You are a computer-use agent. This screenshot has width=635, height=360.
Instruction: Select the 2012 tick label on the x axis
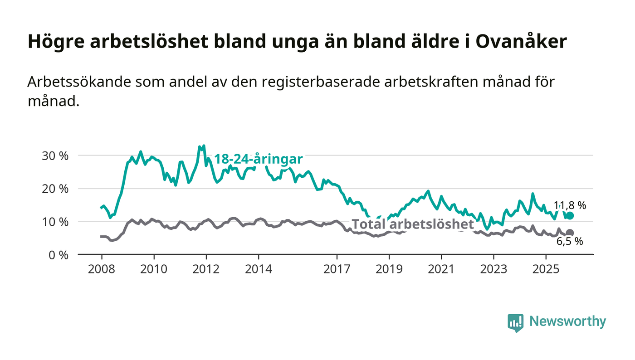(206, 269)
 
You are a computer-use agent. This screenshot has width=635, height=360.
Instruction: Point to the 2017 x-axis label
(337, 269)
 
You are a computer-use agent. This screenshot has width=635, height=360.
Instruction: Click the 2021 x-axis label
(441, 269)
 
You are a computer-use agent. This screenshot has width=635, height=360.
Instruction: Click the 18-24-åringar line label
(258, 159)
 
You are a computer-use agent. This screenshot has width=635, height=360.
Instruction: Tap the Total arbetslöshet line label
(413, 224)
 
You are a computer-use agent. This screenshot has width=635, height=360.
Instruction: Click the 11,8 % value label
(570, 205)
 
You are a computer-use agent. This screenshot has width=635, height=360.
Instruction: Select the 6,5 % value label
(570, 242)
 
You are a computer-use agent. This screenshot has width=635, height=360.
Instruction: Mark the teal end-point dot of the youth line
(570, 216)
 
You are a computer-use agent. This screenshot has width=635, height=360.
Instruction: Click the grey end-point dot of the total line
(570, 233)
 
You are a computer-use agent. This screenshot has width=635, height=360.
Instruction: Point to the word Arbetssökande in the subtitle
(75, 82)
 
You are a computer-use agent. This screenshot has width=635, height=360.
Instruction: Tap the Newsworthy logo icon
(515, 322)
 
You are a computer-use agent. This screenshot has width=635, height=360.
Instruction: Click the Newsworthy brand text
(567, 321)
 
